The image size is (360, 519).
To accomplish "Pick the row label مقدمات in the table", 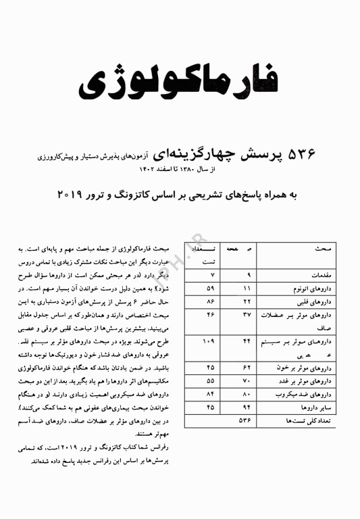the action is click(x=317, y=275).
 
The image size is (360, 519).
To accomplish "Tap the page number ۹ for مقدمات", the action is click(x=249, y=275).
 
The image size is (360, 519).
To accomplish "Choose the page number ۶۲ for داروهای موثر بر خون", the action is click(x=247, y=368).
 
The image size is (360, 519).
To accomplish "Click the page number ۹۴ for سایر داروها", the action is click(x=247, y=407).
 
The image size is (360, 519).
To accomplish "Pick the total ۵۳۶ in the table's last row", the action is click(x=247, y=420).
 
